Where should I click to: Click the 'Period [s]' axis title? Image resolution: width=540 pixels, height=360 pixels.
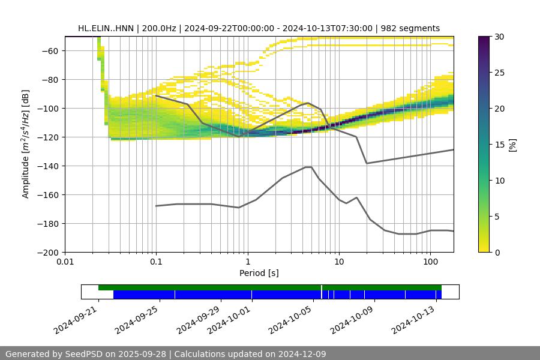(x=259, y=273)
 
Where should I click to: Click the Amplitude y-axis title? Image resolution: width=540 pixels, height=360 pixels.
(x=26, y=144)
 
